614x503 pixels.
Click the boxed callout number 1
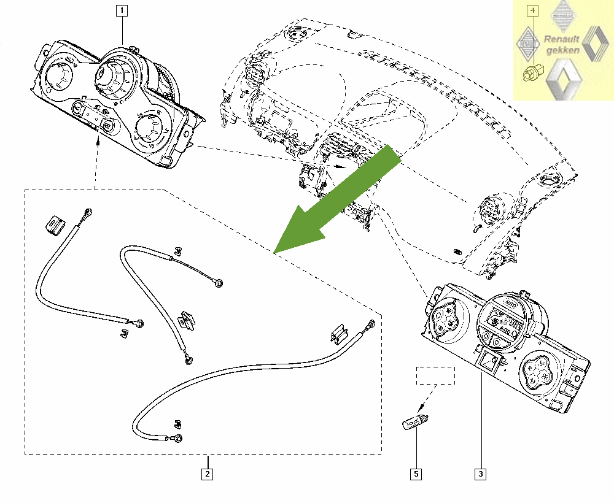coord(123,10)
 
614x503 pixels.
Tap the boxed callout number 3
coord(480,474)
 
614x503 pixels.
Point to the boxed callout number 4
coord(534,10)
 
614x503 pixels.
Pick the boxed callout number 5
coord(416,474)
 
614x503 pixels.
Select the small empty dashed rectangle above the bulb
coord(435,375)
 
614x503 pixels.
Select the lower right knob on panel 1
coord(149,128)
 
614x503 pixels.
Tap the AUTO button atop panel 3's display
coord(510,304)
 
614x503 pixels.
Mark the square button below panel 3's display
coord(489,363)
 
